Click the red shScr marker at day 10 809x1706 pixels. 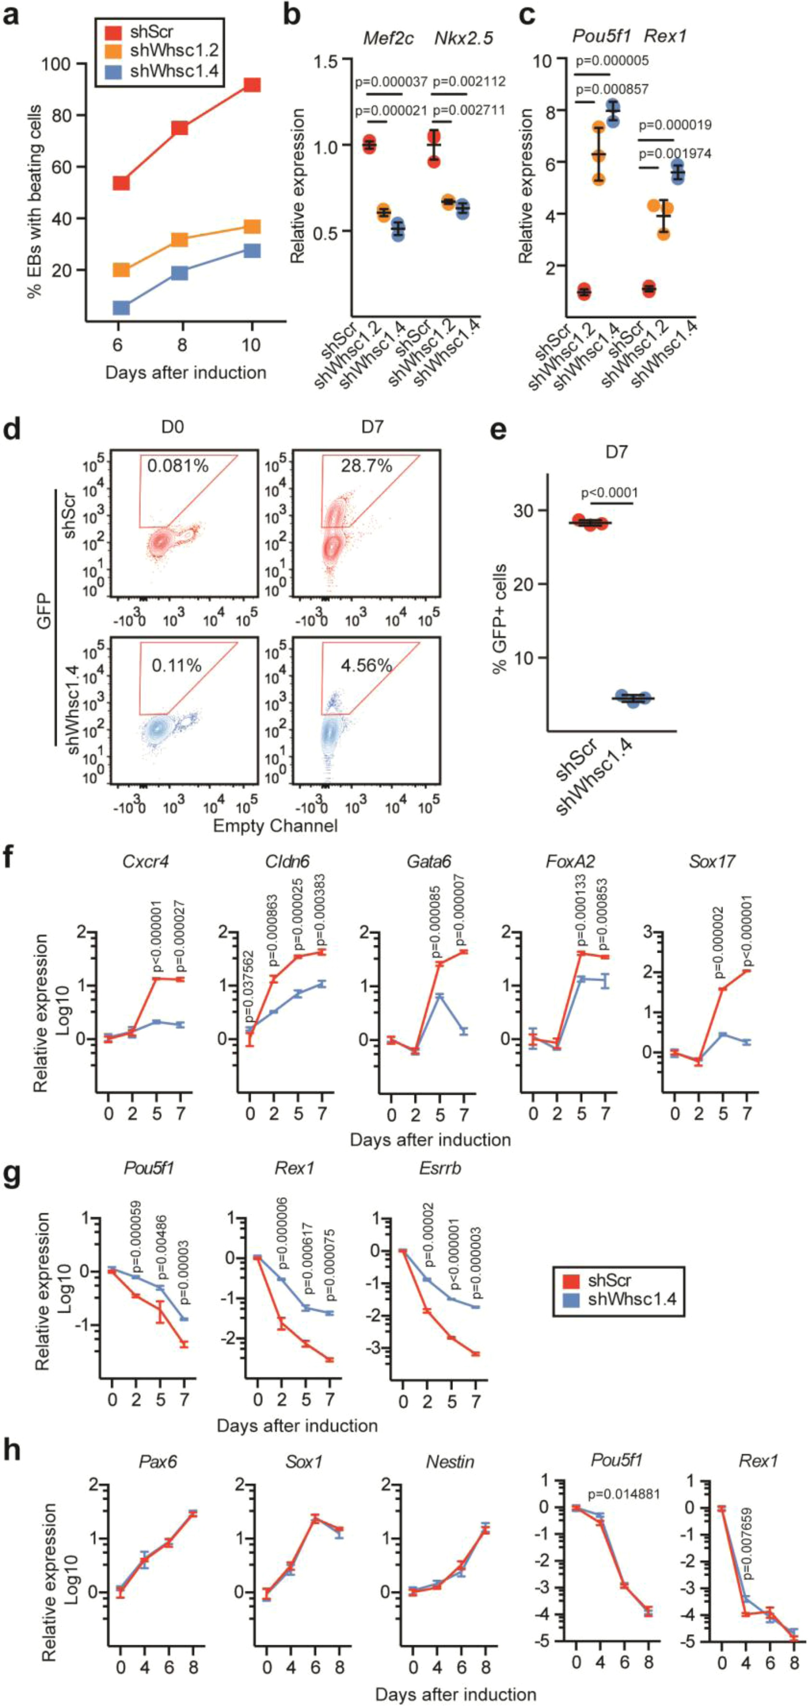pyautogui.click(x=252, y=85)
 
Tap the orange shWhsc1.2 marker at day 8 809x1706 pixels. pyautogui.click(x=179, y=239)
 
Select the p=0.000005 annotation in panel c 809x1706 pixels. pyautogui.click(x=612, y=61)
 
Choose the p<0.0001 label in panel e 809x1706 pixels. pyautogui.click(x=609, y=493)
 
